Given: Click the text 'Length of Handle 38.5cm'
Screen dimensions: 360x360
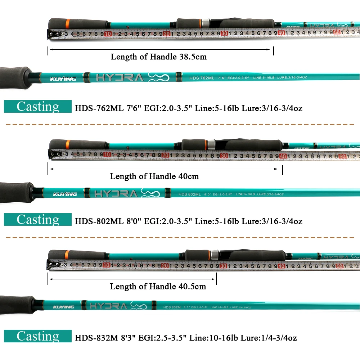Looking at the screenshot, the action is (158, 57).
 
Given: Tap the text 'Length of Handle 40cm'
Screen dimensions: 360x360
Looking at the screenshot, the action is (154, 176).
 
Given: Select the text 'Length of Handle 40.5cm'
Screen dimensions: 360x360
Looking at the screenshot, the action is (158, 287).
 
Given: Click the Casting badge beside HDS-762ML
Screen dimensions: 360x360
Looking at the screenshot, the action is (38, 107).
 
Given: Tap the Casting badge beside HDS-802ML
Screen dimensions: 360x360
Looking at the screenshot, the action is (38, 220).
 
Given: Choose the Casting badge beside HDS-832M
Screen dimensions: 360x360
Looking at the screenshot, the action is (38, 336).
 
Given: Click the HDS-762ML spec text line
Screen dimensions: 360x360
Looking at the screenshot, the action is (189, 108).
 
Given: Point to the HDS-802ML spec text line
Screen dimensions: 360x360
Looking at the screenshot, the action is (189, 221).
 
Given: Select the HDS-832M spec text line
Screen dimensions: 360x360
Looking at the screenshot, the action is (186, 338).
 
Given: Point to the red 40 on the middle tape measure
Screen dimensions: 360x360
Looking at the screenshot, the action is (283, 156).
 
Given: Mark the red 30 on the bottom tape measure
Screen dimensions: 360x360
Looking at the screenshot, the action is (223, 266).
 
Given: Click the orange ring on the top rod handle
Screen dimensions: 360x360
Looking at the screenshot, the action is (67, 24).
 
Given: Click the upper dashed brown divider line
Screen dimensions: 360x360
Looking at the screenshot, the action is (180, 124).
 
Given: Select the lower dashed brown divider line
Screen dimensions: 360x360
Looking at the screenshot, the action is (180, 238).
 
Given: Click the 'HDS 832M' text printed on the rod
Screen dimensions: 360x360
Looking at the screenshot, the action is (171, 307).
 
